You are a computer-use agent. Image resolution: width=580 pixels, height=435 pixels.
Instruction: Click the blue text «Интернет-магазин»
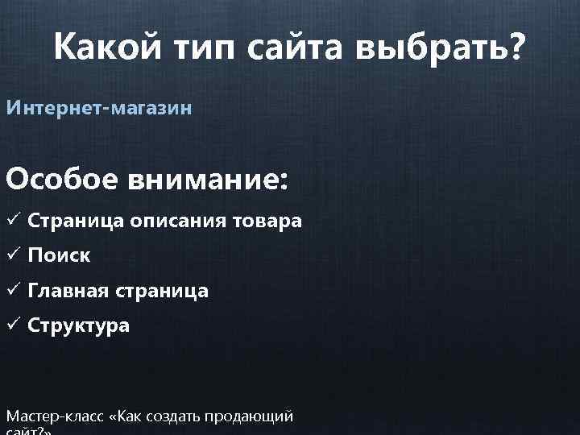pos(99,107)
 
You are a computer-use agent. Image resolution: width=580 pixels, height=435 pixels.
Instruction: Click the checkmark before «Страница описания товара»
pos(13,220)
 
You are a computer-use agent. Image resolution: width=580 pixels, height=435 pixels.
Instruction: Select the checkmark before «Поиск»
pos(13,255)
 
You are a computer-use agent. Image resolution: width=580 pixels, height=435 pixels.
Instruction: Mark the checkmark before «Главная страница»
pos(13,291)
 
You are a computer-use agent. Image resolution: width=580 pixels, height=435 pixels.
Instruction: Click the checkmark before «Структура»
pos(13,326)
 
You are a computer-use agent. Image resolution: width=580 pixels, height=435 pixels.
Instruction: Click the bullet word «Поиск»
pos(59,256)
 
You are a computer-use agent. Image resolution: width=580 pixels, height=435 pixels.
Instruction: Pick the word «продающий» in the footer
pos(250,416)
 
